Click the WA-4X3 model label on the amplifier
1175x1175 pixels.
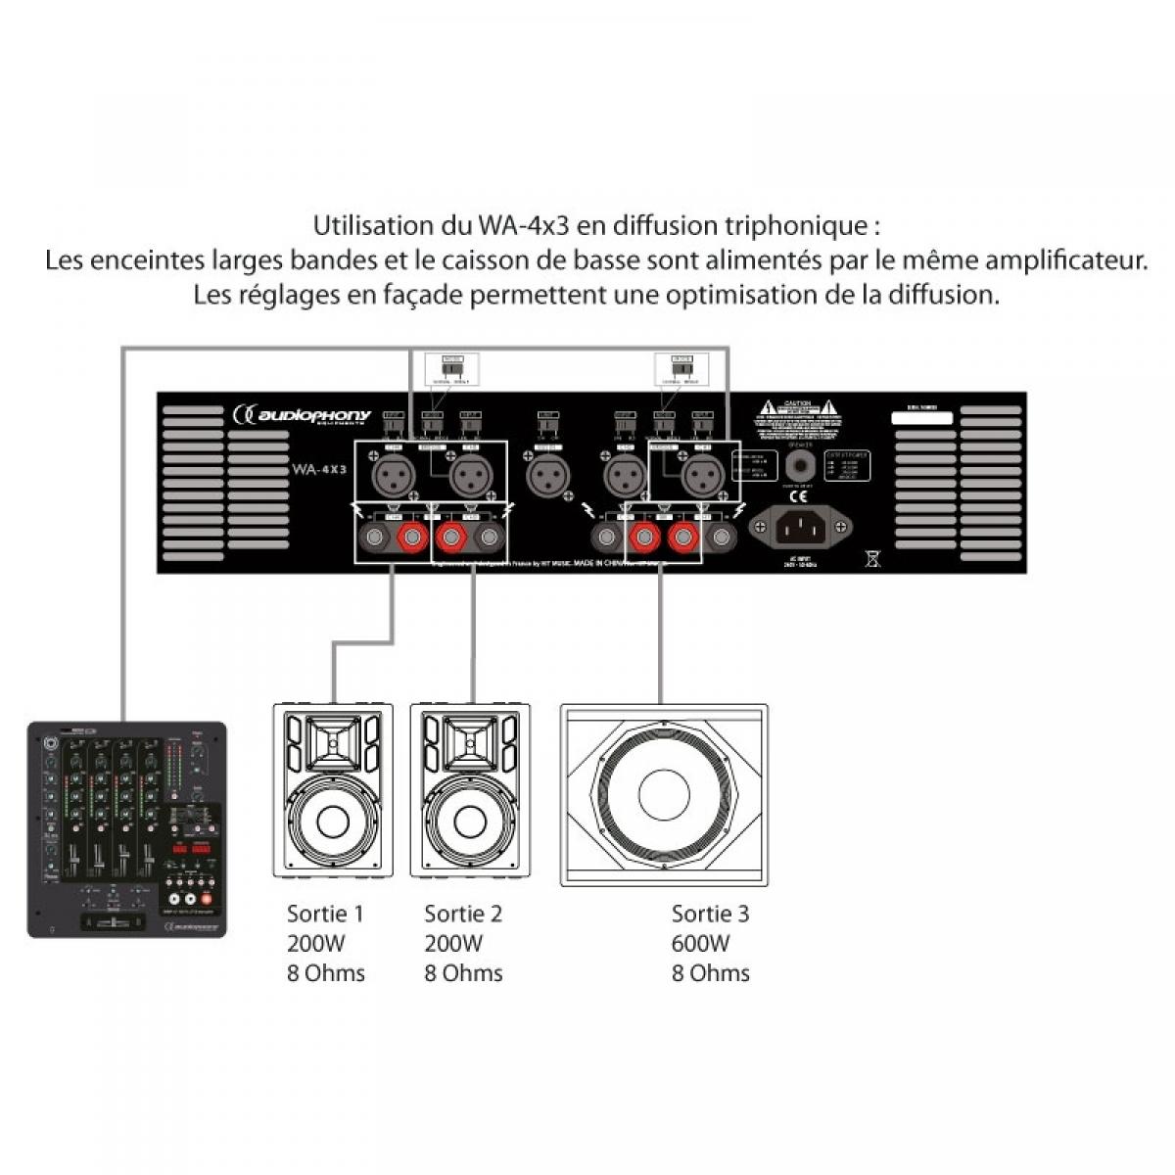[319, 469]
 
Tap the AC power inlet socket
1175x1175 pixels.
[800, 530]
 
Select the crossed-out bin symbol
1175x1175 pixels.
[873, 559]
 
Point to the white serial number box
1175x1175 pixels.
[921, 418]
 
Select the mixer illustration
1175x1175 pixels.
[126, 829]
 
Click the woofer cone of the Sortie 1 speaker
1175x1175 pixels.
[332, 823]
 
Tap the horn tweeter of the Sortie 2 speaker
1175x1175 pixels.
[469, 739]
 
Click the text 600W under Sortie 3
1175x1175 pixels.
[700, 944]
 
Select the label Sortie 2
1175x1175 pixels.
[463, 914]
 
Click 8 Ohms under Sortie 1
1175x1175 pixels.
[325, 973]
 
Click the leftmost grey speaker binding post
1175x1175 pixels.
[375, 537]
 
